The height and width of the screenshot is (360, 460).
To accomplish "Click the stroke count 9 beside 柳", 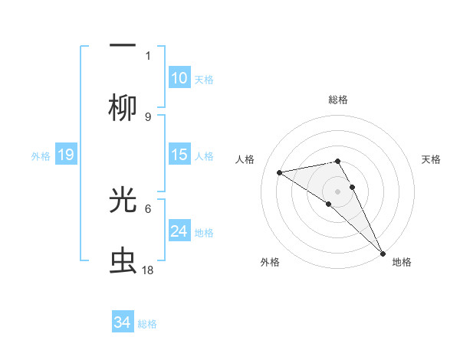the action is coord(148,116).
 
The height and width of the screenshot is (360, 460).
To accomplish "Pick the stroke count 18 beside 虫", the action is coord(148,270).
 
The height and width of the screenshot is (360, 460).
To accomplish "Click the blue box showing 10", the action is coord(179,78).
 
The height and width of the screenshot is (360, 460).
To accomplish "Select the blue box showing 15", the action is coord(179,155).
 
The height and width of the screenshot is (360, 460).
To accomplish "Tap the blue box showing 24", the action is coord(179,231).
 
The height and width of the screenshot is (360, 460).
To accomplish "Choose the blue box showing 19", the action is coord(65,155).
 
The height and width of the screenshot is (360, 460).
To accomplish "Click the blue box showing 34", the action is coord(123,322).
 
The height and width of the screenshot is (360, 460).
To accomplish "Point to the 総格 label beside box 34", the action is coord(147,324).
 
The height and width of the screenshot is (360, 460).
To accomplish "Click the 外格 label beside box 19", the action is coord(41,156).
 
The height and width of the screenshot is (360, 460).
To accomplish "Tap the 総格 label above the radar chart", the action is coord(338,100).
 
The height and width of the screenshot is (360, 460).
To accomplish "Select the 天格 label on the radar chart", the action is coord(432,159).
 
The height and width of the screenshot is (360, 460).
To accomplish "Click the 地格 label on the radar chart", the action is coord(402,262).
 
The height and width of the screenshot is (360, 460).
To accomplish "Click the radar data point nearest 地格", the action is coord(383,253).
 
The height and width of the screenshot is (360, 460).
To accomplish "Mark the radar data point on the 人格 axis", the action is coord(280,172).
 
